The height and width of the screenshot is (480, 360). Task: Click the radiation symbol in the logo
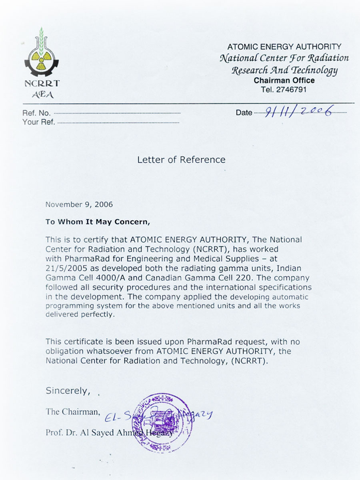point(41,59)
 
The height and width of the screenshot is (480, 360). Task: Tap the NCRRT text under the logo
point(42,84)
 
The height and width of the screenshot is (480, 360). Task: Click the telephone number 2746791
point(291,90)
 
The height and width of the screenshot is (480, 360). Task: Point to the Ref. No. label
point(36,114)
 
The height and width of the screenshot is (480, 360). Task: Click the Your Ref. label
point(39,122)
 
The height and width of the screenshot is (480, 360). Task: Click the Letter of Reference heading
point(181,160)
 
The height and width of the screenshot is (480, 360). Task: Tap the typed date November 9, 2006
point(79,204)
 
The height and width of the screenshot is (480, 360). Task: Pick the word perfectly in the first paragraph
point(97,314)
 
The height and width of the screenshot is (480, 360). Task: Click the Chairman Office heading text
point(284,80)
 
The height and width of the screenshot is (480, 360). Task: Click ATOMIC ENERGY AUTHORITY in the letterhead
point(284,47)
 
